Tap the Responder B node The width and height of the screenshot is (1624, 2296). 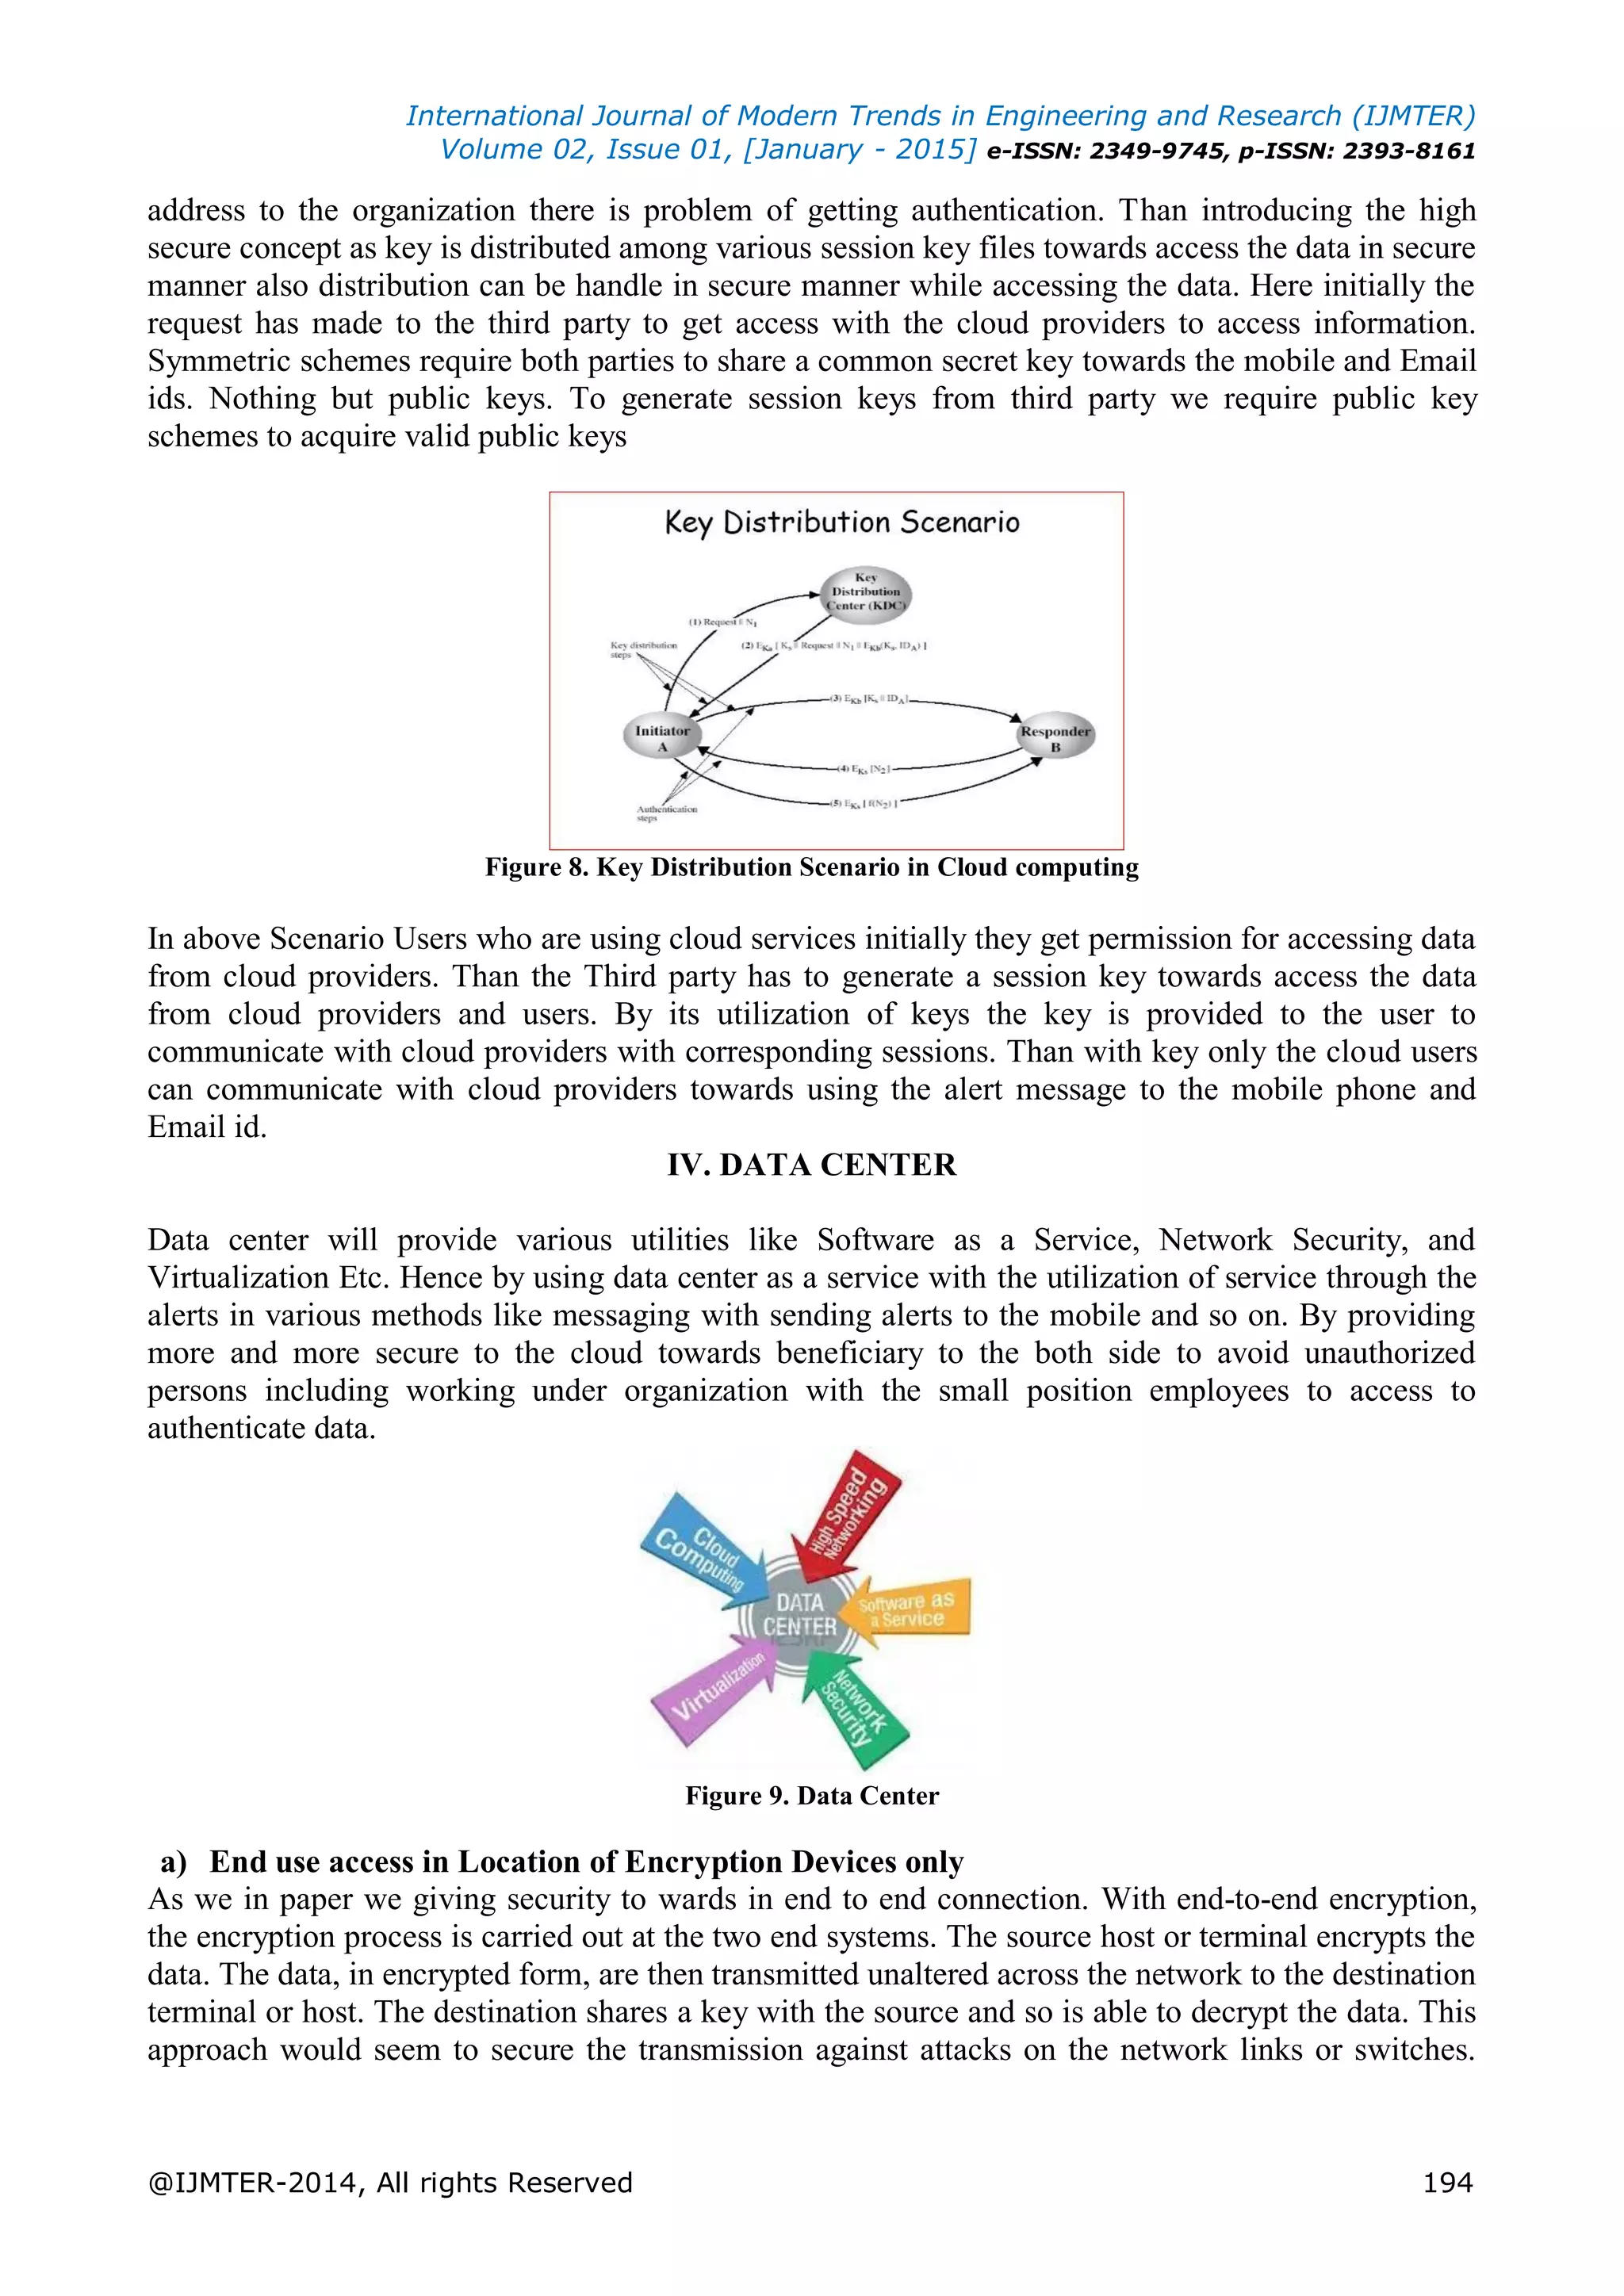point(1054,738)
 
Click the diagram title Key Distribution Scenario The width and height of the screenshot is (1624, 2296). point(841,522)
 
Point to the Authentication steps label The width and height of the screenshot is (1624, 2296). point(666,813)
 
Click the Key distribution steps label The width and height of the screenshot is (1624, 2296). point(643,649)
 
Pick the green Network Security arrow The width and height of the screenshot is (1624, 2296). point(854,1706)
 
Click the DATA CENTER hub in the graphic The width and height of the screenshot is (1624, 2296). point(799,1614)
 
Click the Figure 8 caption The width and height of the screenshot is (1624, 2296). point(811,867)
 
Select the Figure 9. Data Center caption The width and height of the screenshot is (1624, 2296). point(811,1795)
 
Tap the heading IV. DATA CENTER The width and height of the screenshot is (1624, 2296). point(811,1165)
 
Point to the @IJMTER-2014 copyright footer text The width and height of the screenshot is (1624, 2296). point(390,2181)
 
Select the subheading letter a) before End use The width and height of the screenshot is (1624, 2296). point(174,1862)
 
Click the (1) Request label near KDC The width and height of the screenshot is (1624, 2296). point(722,622)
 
